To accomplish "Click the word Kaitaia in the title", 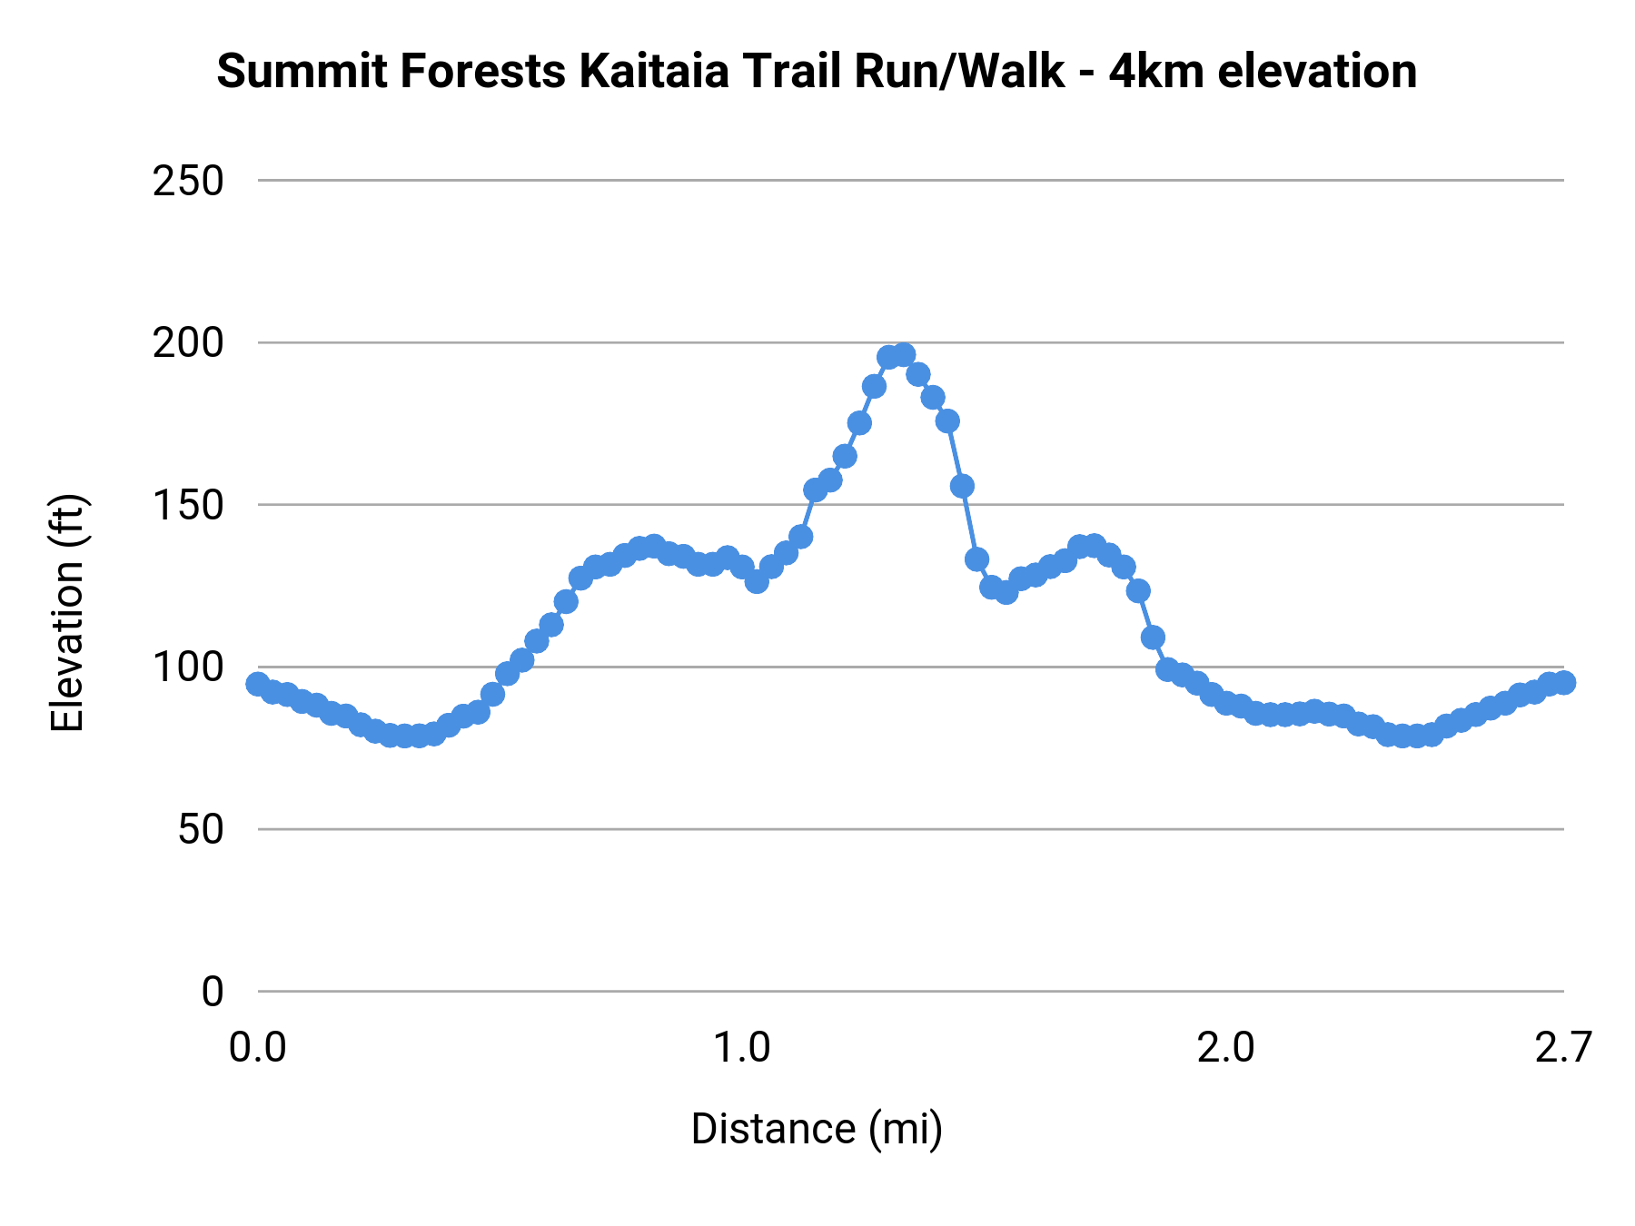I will pos(653,72).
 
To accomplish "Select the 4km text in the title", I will pos(1156,72).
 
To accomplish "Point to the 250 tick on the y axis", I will pos(188,182).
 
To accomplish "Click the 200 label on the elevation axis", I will pos(188,343).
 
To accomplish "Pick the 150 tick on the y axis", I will pos(188,506).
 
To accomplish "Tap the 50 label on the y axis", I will pos(200,830).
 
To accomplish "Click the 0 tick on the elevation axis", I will pos(212,992).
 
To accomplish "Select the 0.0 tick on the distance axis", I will pos(258,1048).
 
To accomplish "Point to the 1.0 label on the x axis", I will pos(742,1048).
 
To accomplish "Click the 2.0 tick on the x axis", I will pos(1226,1048).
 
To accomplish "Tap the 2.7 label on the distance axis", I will pos(1563,1048).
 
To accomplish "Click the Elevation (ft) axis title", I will pos(66,613).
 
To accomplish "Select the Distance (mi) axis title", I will pos(817,1129).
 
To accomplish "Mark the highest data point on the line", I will pos(903,355).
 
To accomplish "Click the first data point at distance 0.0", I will pos(258,684).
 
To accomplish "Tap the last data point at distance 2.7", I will pos(1563,682).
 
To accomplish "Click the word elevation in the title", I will pos(1316,72).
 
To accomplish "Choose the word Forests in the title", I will pos(482,72).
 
